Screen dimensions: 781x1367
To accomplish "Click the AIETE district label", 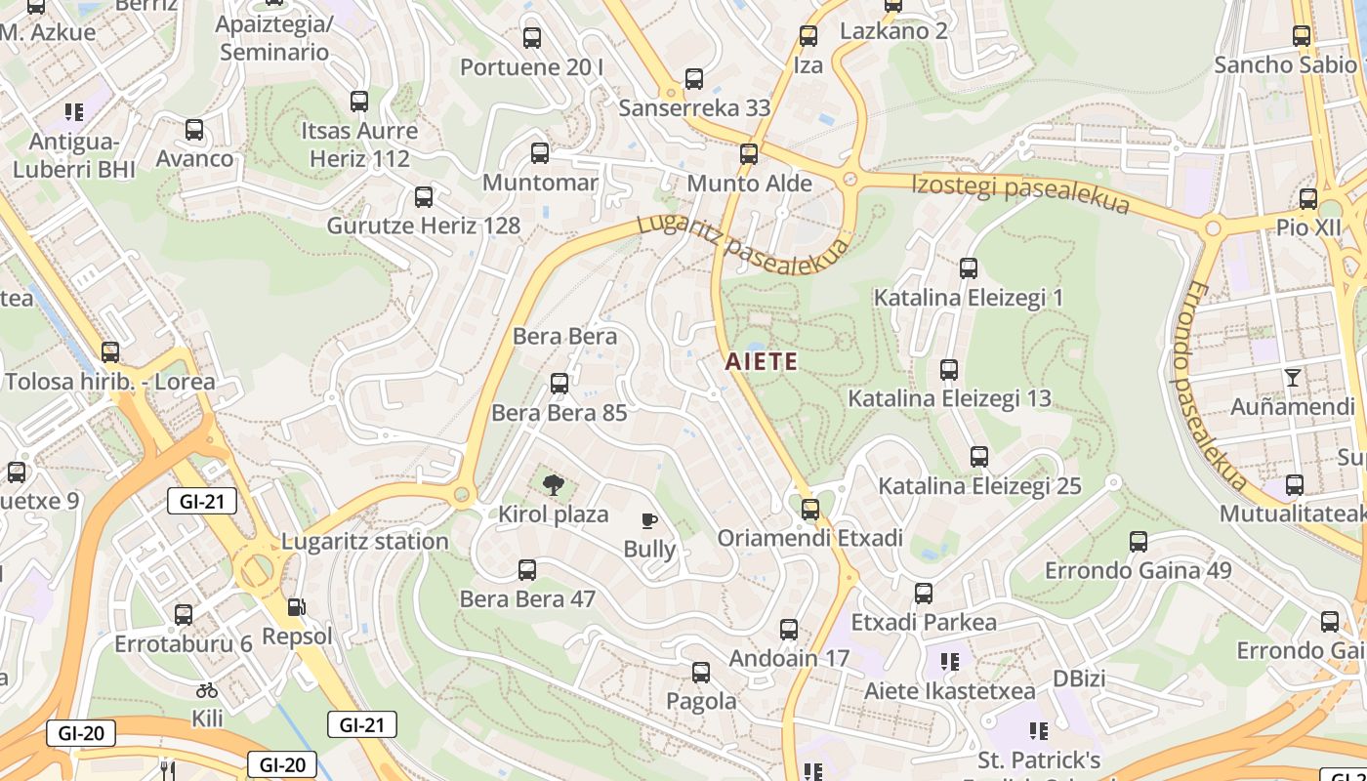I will (761, 362).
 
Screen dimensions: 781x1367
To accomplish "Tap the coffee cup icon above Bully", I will (649, 521).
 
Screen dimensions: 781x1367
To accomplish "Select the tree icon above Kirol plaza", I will (553, 484).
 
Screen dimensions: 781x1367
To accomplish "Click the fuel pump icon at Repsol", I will (296, 608).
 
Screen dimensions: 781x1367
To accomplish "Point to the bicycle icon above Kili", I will (206, 690).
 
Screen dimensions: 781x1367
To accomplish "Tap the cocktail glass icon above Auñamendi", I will (1293, 378).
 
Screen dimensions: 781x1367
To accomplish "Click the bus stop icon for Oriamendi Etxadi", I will (809, 510).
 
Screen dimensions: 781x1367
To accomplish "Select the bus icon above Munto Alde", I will (749, 154).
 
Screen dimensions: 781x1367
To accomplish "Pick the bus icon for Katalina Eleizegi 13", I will (948, 370).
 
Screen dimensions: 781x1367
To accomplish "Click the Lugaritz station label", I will (364, 541).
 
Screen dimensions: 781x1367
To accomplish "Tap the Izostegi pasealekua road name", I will (1020, 192).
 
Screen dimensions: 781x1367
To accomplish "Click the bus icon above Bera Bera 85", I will (559, 384).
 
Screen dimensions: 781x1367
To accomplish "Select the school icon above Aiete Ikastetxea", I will (949, 663).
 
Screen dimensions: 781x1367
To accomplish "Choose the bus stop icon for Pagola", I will (700, 673).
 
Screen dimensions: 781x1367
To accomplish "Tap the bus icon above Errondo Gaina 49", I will (1138, 542).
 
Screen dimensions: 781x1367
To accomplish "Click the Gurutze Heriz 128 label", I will (423, 226).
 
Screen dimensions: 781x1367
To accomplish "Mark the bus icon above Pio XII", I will (1308, 199).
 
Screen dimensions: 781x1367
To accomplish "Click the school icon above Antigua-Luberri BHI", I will (73, 112).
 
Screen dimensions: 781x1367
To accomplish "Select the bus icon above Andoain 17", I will (789, 630).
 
